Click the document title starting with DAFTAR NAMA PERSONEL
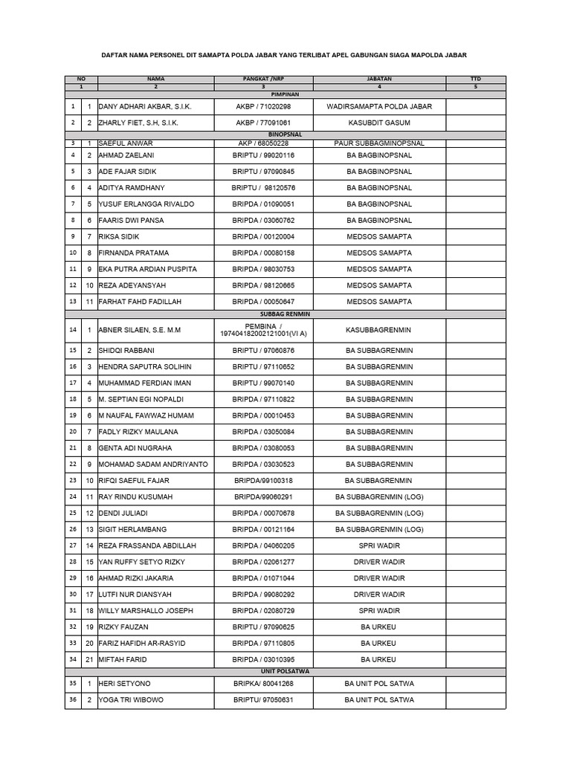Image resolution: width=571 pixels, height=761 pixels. pos(285,54)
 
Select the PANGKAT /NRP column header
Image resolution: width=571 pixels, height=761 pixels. pos(264,78)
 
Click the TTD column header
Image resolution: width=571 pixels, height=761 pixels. pos(476,78)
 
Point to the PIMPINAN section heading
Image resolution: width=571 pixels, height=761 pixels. pos(285,94)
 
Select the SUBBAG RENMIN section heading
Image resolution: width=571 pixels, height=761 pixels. pos(285,314)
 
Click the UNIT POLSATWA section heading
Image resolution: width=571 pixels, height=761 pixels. pos(285,671)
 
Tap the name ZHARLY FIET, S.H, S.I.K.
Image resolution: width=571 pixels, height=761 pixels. pos(139,123)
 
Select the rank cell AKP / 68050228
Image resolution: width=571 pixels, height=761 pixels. pos(264,143)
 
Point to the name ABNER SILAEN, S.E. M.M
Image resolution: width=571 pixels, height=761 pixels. pos(140,330)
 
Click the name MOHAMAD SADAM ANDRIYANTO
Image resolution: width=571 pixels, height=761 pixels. pos(153,464)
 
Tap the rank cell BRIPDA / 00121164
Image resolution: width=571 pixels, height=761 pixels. pos(264,529)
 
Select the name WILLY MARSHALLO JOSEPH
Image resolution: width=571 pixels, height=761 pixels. pos(146,611)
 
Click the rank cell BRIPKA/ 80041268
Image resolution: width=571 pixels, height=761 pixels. pos(264,684)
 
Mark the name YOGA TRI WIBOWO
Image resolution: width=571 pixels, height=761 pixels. pos(132,700)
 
